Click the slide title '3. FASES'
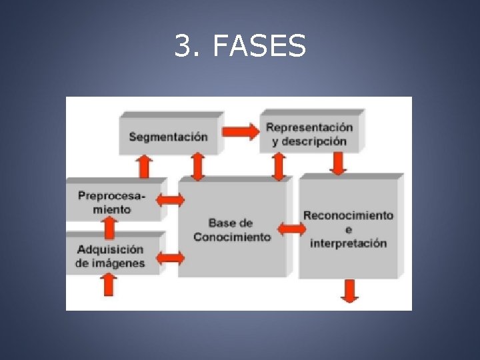click(x=240, y=46)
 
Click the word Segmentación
click(x=168, y=137)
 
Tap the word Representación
click(x=309, y=127)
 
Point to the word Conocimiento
click(x=232, y=237)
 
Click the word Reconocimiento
click(x=348, y=215)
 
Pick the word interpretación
click(x=348, y=243)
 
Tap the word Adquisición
click(x=110, y=249)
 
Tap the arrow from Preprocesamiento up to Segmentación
click(x=144, y=166)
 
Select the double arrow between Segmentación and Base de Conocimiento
click(x=197, y=166)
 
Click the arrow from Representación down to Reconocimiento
click(x=338, y=163)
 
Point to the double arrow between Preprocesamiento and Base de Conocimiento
click(x=171, y=199)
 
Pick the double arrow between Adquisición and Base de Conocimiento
click(x=171, y=257)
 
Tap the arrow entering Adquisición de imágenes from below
click(x=108, y=285)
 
